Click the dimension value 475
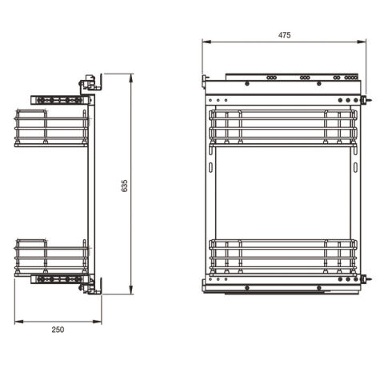tap(284, 35)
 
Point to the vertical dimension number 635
tap(125, 186)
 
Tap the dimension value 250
tap(58, 330)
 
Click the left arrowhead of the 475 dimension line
tap(206, 42)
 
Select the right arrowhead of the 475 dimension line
tap(362, 42)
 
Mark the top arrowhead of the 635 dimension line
tap(130, 78)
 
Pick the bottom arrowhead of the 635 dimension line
tap(130, 290)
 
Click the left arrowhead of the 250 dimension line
tap(19, 322)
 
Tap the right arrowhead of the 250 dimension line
tap(97, 322)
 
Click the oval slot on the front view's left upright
tap(210, 167)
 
